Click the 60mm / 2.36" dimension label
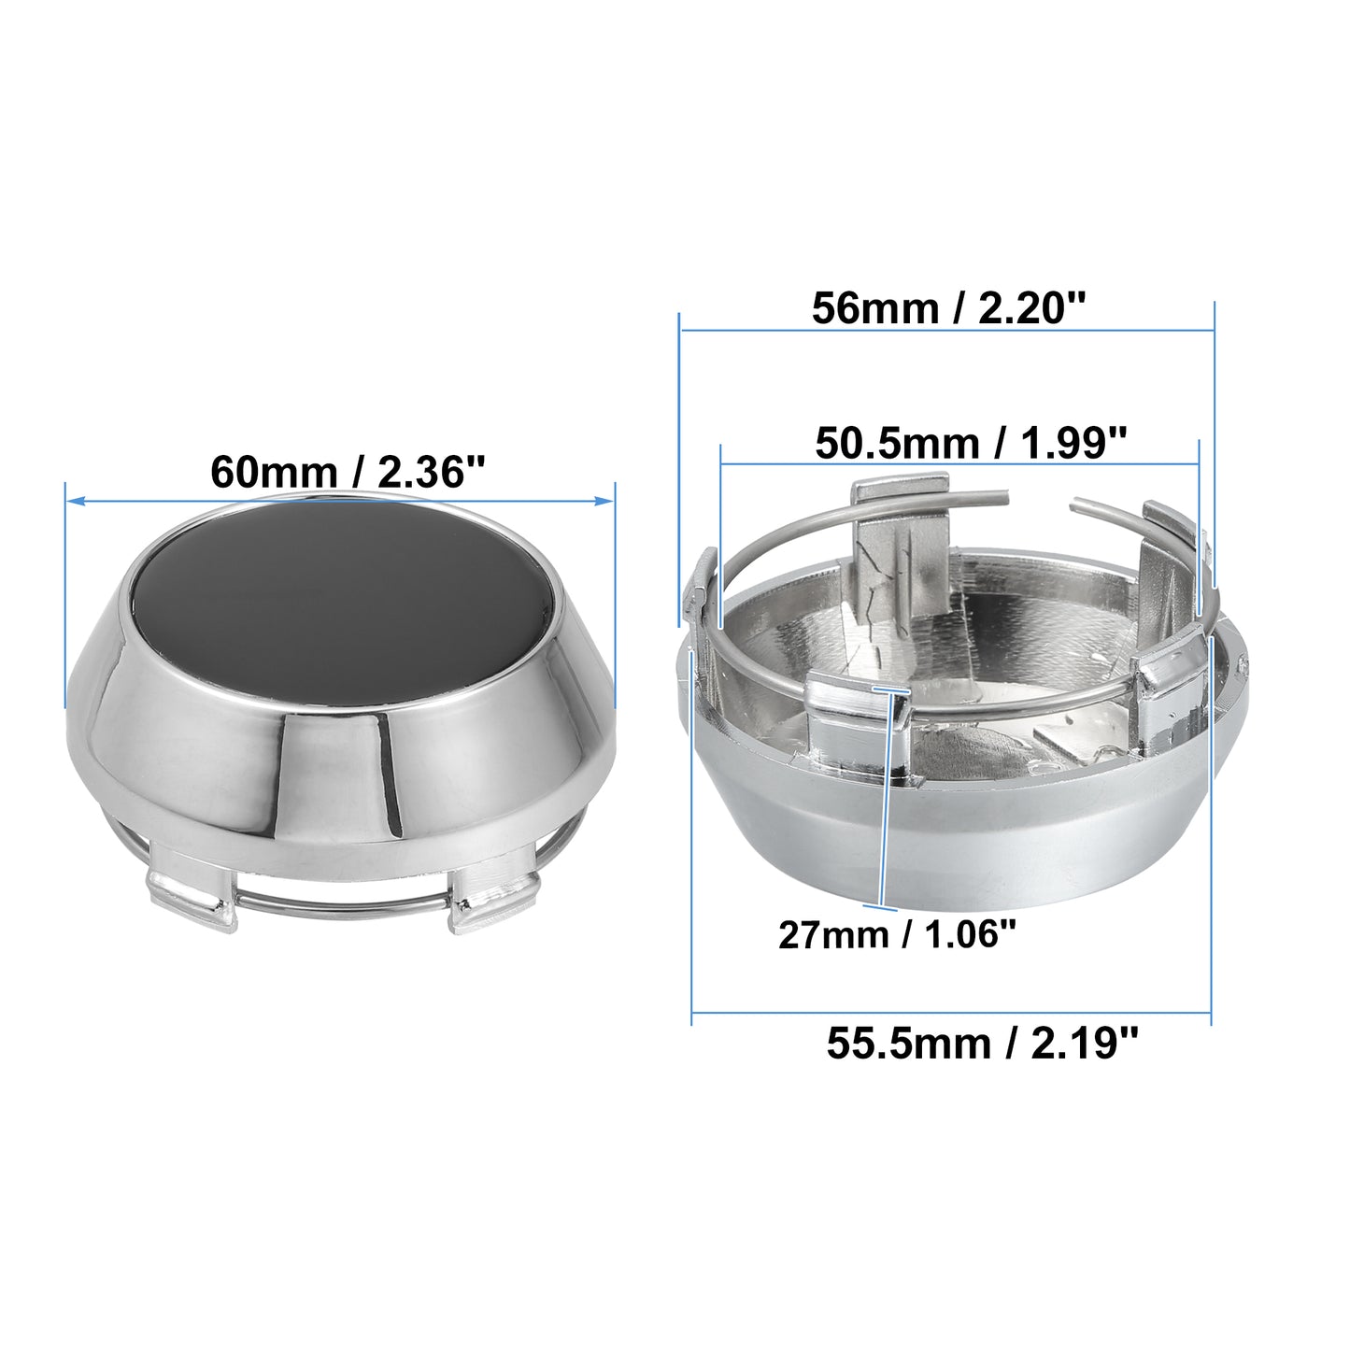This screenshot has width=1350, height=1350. pyautogui.click(x=347, y=472)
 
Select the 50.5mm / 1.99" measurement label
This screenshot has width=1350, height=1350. pyautogui.click(x=971, y=443)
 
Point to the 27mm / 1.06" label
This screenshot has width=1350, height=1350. pyautogui.click(x=897, y=934)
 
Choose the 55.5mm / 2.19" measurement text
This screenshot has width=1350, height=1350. pyautogui.click(x=982, y=1044)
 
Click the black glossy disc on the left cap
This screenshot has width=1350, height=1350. pyautogui.click(x=346, y=601)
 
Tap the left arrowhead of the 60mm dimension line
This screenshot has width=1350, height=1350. pyautogui.click(x=74, y=500)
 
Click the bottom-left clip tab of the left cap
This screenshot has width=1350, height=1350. pyautogui.click(x=191, y=900)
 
